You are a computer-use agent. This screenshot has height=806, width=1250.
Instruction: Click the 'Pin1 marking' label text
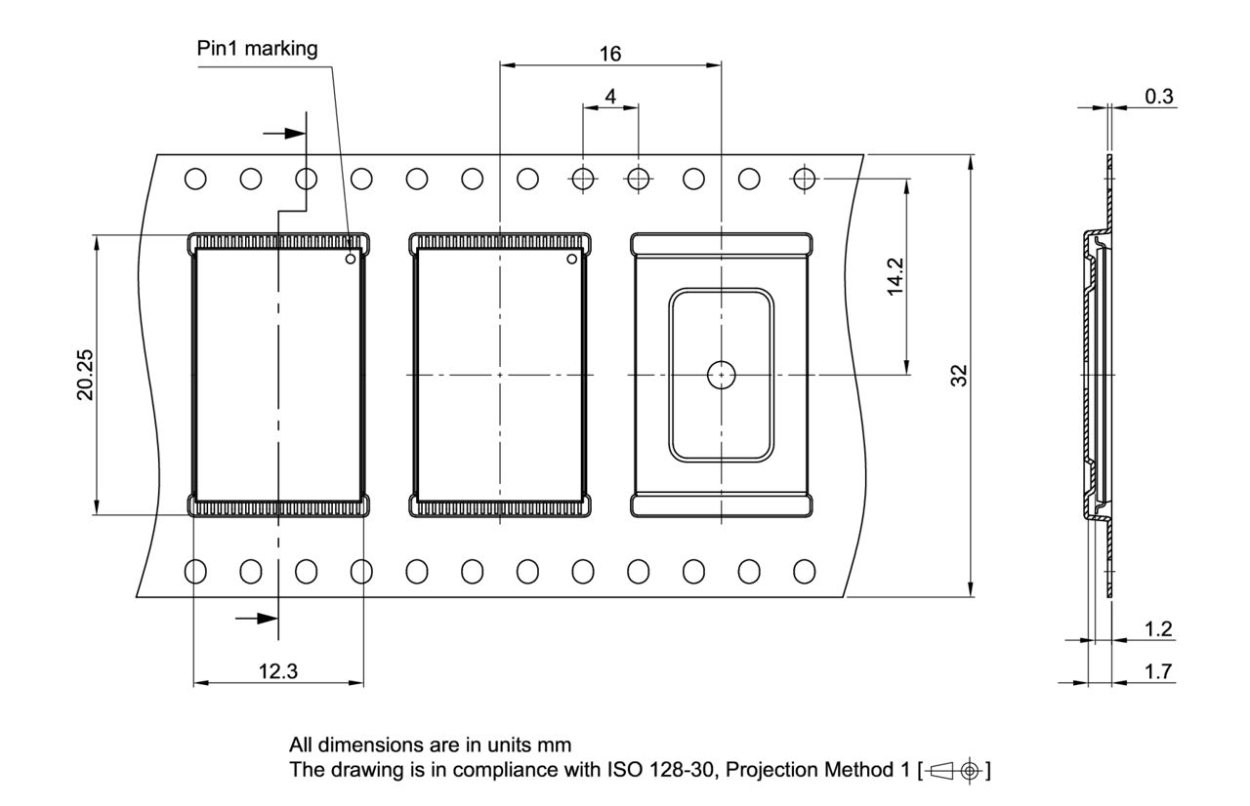pos(258,50)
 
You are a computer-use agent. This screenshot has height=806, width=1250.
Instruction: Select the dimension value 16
pos(609,53)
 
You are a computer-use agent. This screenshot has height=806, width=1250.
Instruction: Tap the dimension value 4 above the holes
pos(610,96)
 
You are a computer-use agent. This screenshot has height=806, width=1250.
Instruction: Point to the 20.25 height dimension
pos(87,375)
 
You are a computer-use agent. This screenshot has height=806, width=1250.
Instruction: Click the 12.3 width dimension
pos(278,671)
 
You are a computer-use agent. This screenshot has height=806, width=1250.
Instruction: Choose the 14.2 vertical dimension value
pos(894,276)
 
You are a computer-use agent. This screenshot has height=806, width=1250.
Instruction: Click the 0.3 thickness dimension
pos(1160,96)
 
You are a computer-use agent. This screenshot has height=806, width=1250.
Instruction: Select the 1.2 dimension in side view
pos(1158,629)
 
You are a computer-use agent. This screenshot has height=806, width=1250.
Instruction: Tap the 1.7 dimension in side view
pos(1158,671)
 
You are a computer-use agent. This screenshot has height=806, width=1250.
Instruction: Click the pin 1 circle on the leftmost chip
pos(350,260)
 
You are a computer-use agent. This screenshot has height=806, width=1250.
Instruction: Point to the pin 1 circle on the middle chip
pos(572,260)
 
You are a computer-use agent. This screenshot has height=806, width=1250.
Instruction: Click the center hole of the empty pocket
pos(721,374)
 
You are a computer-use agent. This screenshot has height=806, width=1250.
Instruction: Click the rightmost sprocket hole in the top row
pos(805,179)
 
